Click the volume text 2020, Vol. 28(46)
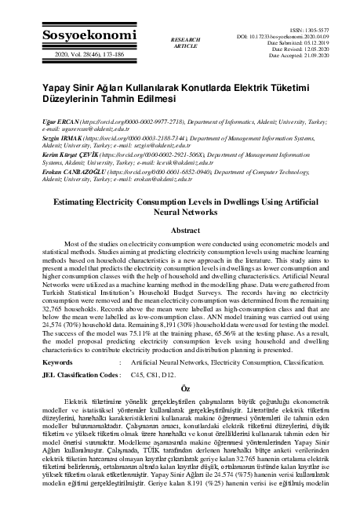coord(60,55)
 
